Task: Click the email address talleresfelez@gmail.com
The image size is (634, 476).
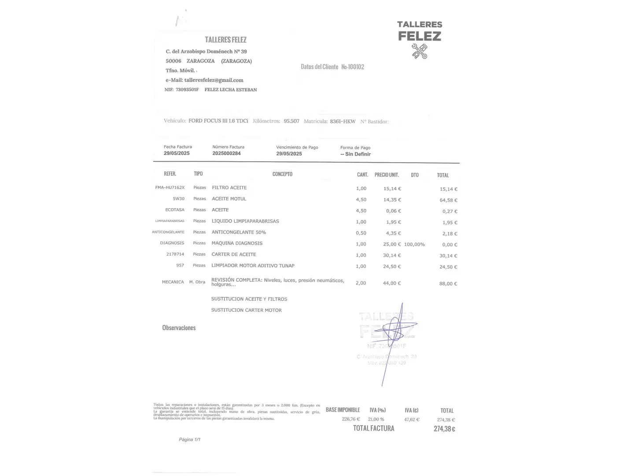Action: pos(214,80)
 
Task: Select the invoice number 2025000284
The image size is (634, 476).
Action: pos(226,153)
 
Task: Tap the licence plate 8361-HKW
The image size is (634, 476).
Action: pos(343,121)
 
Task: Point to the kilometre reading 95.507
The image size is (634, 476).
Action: pos(291,121)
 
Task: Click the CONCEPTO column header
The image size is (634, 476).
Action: pos(282,174)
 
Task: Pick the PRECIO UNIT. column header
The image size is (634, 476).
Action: pos(387,175)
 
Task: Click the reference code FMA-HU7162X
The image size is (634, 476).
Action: pos(170,188)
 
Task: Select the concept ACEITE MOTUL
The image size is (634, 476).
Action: pos(229,199)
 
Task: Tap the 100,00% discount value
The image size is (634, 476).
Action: pos(414,244)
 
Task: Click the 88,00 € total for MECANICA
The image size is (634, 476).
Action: pos(448,284)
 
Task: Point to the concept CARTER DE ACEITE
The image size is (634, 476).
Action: pos(234,254)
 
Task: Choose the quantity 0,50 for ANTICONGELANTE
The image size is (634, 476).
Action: pos(361,233)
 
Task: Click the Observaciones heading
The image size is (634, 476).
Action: pos(179,328)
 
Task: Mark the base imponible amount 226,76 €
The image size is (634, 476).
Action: pos(351,419)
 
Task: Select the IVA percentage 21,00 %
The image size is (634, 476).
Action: pos(376,419)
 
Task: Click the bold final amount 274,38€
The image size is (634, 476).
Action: pos(444,429)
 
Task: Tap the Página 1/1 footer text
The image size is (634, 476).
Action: pos(190,439)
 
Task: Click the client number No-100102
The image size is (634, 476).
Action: pos(353,67)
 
